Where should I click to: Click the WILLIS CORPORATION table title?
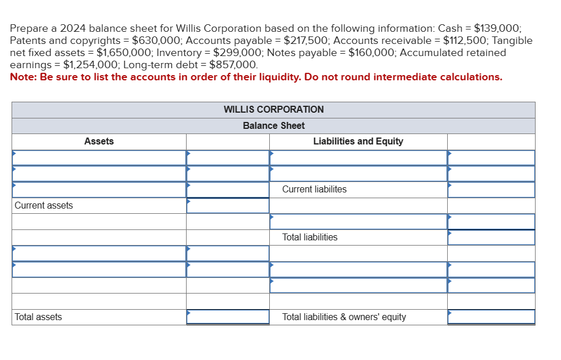[x=273, y=109]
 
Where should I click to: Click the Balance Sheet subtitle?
[x=273, y=125]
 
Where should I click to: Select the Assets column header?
[x=99, y=141]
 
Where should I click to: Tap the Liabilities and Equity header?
[x=358, y=141]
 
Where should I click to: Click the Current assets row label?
[x=44, y=205]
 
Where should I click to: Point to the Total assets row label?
[x=38, y=317]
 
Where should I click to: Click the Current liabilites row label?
[x=314, y=189]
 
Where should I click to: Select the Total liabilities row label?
[x=310, y=237]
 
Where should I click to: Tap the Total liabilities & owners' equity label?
[x=344, y=317]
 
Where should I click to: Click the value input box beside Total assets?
[x=228, y=317]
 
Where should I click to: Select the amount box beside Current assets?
[x=228, y=205]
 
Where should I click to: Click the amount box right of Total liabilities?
[x=491, y=237]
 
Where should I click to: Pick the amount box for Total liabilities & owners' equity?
[x=491, y=317]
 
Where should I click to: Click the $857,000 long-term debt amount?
[x=233, y=65]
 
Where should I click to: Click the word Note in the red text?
[x=23, y=77]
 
